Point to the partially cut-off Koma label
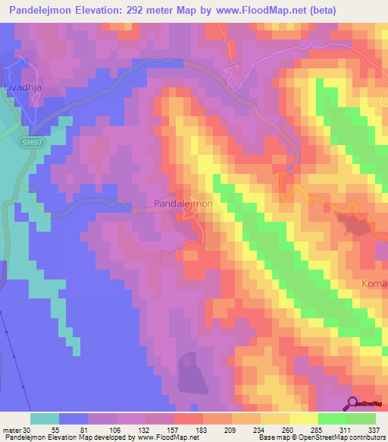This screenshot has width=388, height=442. coord(374,284)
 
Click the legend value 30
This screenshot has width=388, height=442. coord(30,431)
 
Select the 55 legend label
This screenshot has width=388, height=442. coord(55,431)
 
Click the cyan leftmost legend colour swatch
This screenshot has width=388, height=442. coord(45,418)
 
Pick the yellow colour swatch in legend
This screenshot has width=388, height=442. coord(303,418)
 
